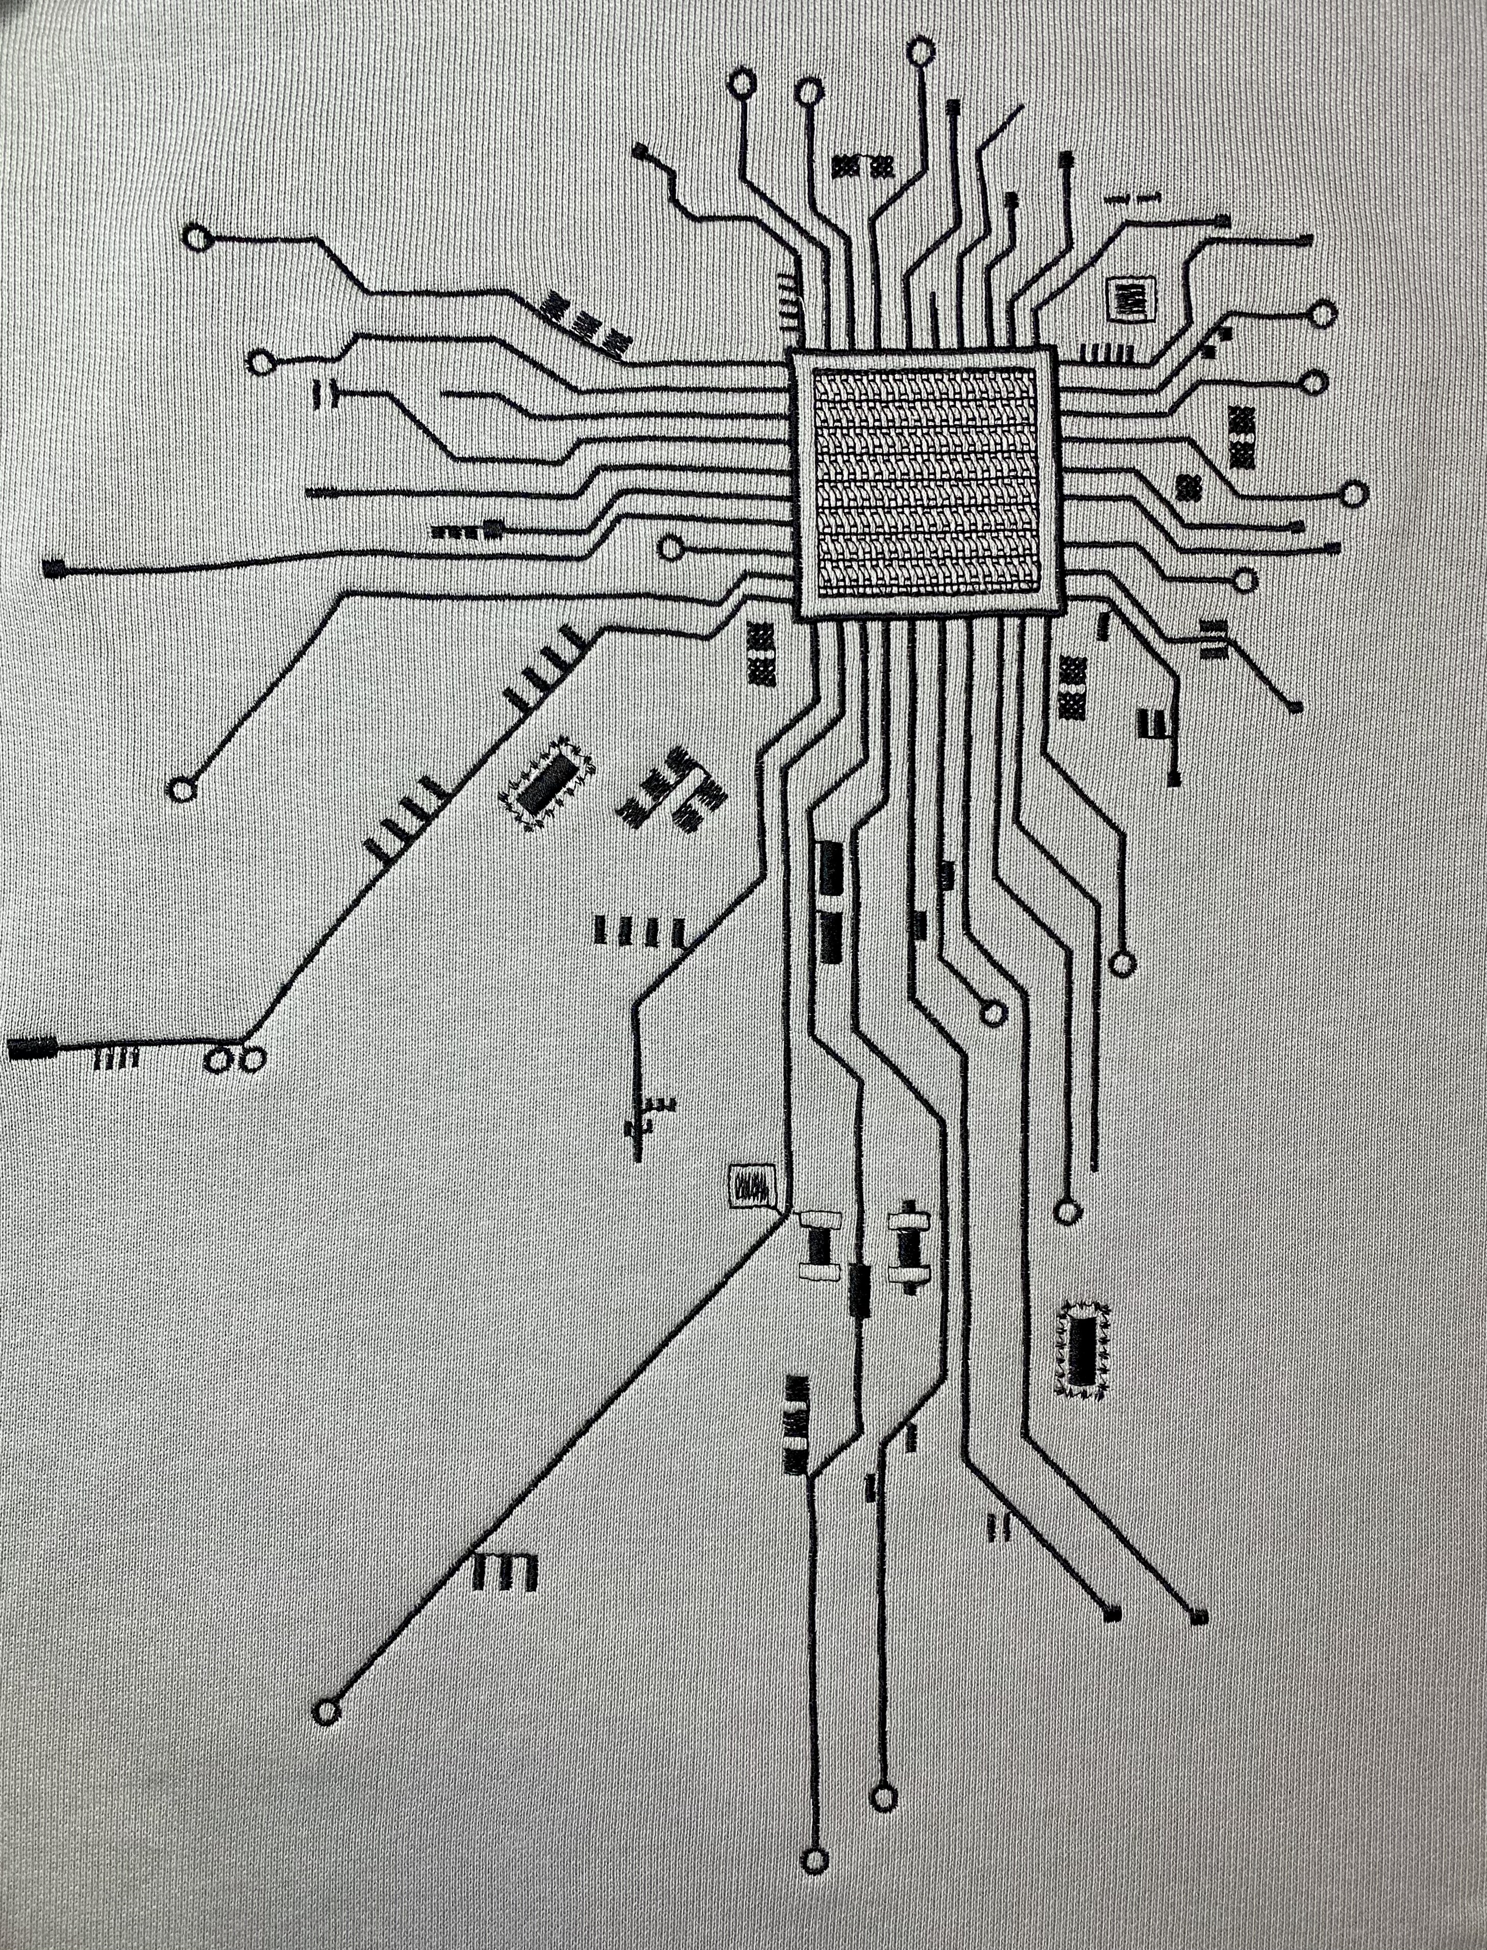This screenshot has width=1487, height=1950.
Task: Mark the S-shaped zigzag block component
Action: click(x=673, y=788)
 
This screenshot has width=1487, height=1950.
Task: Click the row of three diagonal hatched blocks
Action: click(x=586, y=322)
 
